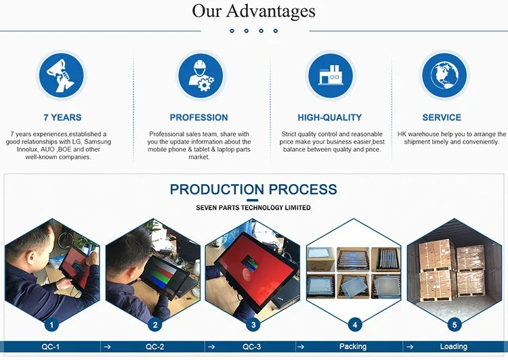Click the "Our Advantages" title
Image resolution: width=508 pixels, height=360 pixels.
(x=254, y=12)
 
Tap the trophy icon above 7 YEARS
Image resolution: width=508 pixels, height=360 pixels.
(x=61, y=76)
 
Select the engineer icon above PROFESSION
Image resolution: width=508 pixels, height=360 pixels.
(x=201, y=76)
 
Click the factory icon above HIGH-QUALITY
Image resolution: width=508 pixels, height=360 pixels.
(x=331, y=76)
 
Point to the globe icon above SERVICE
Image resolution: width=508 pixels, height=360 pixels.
(x=444, y=75)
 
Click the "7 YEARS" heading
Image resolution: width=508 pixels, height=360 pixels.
(x=62, y=118)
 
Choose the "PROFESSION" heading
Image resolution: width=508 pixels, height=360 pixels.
(x=199, y=118)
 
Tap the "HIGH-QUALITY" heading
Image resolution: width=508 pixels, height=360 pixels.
(x=330, y=118)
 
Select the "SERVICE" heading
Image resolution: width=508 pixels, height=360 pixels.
(x=442, y=118)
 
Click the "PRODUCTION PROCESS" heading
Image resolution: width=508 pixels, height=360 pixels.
(x=253, y=189)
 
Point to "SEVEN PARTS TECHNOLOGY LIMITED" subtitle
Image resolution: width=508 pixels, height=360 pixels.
(x=253, y=208)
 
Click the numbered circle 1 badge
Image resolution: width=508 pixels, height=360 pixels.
(x=51, y=325)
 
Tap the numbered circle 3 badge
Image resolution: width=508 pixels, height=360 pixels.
(x=253, y=325)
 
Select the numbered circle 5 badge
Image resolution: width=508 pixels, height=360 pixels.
(x=454, y=325)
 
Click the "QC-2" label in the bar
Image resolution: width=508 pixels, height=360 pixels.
(x=155, y=346)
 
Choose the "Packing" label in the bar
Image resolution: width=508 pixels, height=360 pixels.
(x=353, y=346)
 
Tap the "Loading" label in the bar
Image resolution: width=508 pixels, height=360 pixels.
(x=454, y=346)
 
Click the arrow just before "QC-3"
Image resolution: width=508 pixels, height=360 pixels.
(x=211, y=346)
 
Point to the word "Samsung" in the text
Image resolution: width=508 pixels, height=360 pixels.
(x=98, y=142)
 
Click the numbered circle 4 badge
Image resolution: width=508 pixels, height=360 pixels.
(x=355, y=325)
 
